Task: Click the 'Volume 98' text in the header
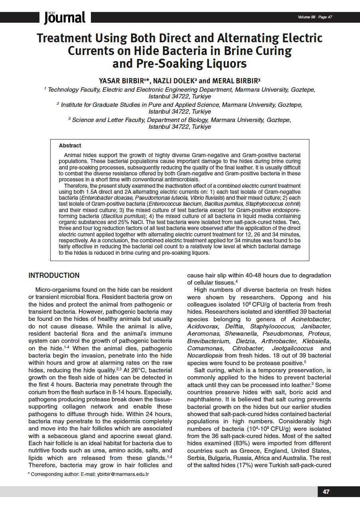pyautogui.click(x=307, y=17)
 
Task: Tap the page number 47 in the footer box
pyautogui.click(x=326, y=492)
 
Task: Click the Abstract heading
pyautogui.click(x=70, y=146)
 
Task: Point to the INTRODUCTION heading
pyautogui.click(x=54, y=275)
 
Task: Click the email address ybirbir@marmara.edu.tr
pyautogui.click(x=123, y=474)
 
